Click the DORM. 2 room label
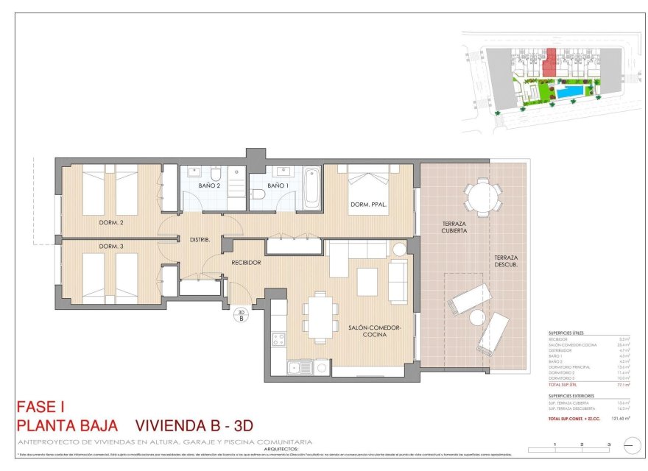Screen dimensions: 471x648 point(111,222)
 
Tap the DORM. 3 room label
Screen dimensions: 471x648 point(110,246)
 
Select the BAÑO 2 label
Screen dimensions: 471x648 point(209,185)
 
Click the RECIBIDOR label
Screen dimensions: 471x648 point(247,262)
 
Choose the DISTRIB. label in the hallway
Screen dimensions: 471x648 point(200,240)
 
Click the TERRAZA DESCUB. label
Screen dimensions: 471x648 point(506,261)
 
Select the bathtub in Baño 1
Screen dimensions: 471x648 point(311,188)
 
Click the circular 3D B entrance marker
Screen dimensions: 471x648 point(241,316)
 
